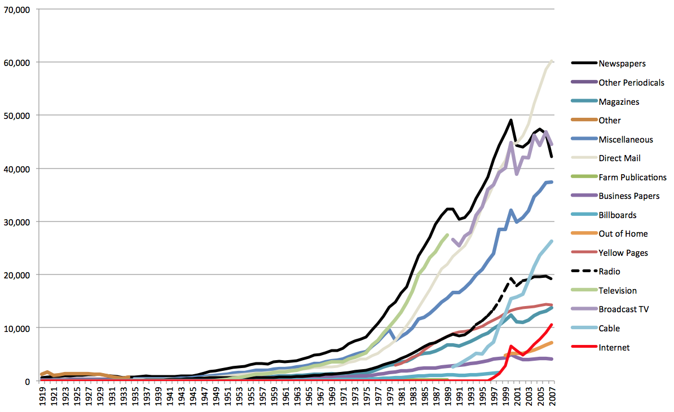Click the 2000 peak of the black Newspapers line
[510, 120]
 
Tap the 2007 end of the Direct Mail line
[552, 60]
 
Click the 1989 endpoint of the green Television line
[447, 235]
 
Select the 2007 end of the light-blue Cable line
[552, 241]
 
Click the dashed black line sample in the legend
[583, 272]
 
